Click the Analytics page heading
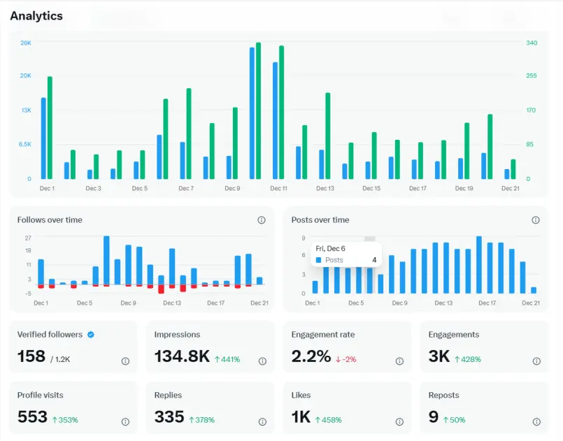click(x=36, y=16)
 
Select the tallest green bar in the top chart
click(x=258, y=110)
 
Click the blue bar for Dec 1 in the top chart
click(x=43, y=138)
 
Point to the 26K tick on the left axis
click(x=26, y=43)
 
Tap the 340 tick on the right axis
click(x=532, y=43)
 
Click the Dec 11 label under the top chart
click(x=278, y=189)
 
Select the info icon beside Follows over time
click(x=262, y=220)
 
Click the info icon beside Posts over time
click(x=535, y=220)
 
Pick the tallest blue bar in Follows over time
click(x=106, y=260)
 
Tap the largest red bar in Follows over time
click(x=162, y=289)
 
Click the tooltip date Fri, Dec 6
click(x=330, y=248)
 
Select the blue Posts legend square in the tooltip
click(x=318, y=260)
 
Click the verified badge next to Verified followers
click(x=91, y=335)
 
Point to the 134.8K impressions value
click(x=182, y=356)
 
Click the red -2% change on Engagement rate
click(x=345, y=359)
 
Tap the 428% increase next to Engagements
click(x=467, y=359)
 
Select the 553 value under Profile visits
click(x=32, y=417)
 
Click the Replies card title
click(x=168, y=395)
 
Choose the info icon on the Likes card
click(x=399, y=421)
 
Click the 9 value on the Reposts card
click(x=434, y=417)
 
